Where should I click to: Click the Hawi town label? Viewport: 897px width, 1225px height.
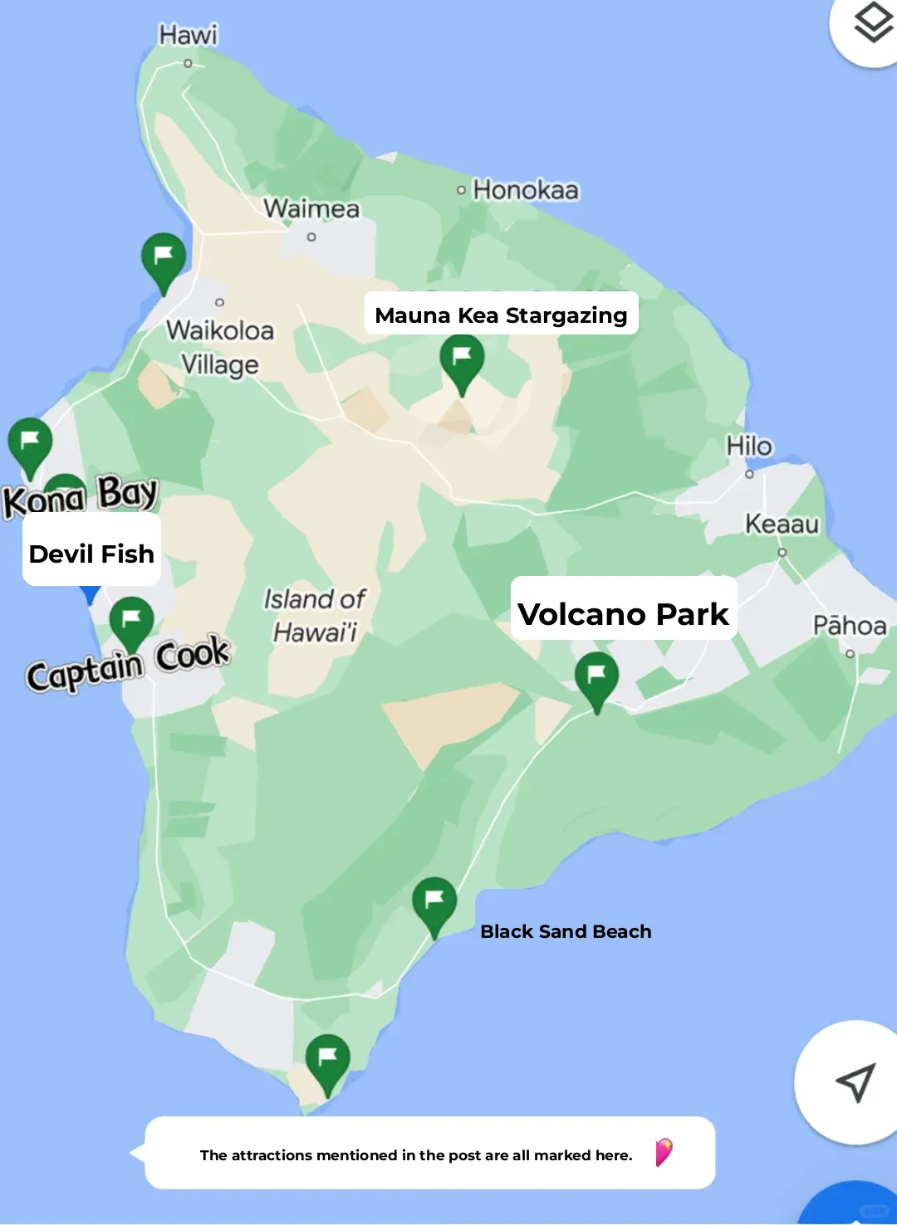[189, 35]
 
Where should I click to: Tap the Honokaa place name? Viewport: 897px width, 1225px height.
[525, 190]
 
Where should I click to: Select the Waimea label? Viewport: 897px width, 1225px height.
[311, 208]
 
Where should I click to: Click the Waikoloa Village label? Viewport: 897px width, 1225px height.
[220, 348]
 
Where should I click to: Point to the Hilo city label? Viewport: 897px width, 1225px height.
[749, 447]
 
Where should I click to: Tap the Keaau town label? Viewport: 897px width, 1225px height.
[782, 525]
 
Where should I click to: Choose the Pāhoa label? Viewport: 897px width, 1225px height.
[850, 626]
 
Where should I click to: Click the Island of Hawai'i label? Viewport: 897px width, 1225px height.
[315, 615]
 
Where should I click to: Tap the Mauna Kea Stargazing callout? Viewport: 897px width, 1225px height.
[501, 315]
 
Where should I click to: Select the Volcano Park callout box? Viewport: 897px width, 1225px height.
[623, 614]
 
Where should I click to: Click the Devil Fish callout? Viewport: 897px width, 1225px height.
[91, 554]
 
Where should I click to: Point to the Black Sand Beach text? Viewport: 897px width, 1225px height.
[566, 931]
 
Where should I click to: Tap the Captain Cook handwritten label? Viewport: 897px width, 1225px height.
[127, 664]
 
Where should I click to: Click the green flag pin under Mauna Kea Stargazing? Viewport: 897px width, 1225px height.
[462, 360]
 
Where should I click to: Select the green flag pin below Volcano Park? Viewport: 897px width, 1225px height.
[596, 678]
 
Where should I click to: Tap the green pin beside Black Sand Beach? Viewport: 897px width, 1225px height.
[434, 903]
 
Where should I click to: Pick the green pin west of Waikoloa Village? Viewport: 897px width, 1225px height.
[164, 259]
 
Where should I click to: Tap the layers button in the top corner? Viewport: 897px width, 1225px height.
[873, 23]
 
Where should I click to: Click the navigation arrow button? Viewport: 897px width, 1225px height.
[855, 1081]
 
